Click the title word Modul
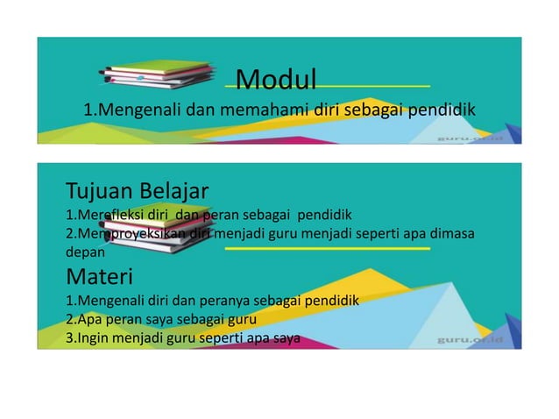coord(276,81)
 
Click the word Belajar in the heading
coord(174,190)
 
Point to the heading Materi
coord(99,278)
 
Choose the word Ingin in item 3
coord(95,338)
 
